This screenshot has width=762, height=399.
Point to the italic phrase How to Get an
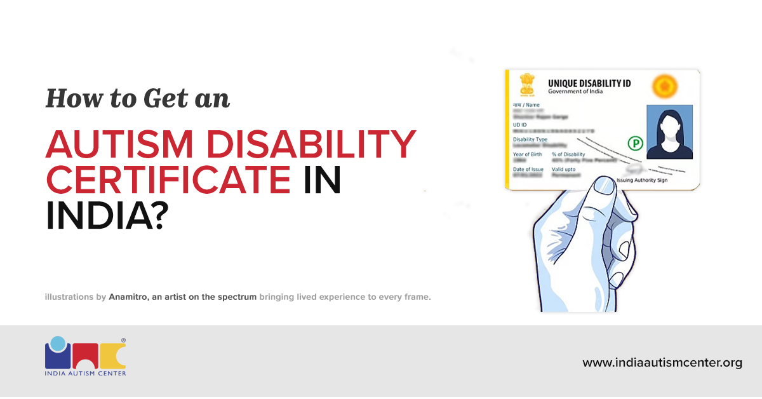(x=137, y=98)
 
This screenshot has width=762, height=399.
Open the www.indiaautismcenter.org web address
(x=662, y=363)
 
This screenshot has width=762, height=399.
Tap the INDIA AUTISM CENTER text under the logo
(x=85, y=373)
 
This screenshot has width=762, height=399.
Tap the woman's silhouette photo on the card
(x=669, y=132)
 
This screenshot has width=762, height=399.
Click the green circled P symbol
(x=634, y=144)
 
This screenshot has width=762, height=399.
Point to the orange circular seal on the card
(x=665, y=85)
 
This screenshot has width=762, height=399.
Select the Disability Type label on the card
(x=530, y=139)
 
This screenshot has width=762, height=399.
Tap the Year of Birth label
(x=527, y=154)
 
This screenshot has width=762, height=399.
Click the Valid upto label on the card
(x=565, y=169)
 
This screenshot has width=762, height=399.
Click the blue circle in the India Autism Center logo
(x=58, y=344)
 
